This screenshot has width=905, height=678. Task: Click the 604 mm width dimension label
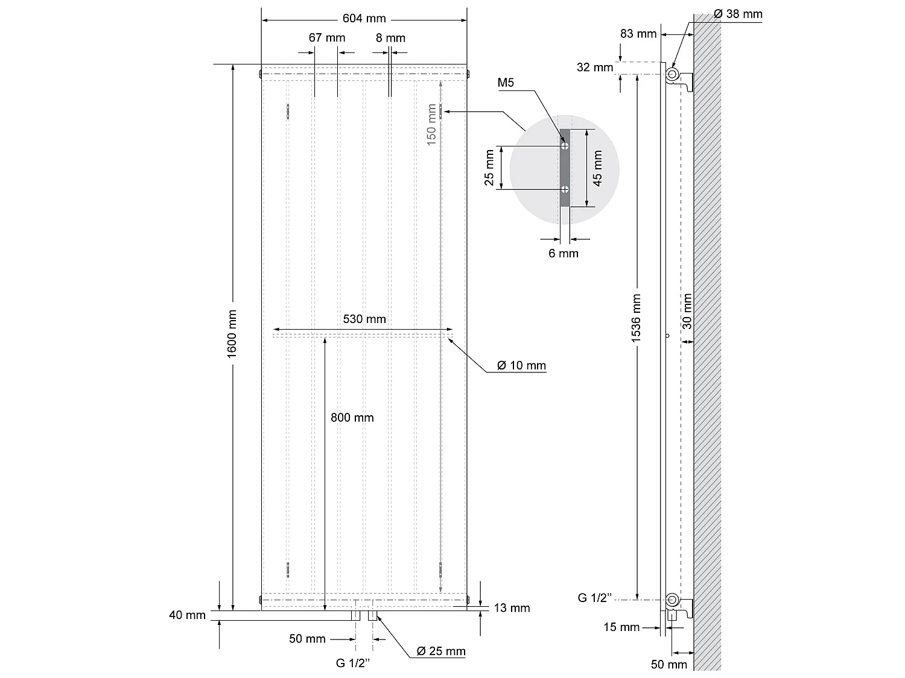click(x=364, y=19)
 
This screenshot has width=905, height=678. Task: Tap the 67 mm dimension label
click(x=327, y=38)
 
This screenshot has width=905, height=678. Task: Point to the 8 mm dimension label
click(x=390, y=38)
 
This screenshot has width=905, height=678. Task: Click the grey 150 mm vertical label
click(x=431, y=125)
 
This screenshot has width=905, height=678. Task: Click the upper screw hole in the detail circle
click(x=565, y=146)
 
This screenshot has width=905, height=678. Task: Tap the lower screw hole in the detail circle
click(x=565, y=189)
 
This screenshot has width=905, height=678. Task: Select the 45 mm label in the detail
click(x=598, y=168)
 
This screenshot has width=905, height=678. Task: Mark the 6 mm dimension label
click(x=563, y=254)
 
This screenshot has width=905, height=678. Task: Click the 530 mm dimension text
click(x=364, y=319)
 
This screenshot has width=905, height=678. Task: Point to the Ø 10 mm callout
click(x=521, y=366)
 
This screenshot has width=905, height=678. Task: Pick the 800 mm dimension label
click(x=352, y=418)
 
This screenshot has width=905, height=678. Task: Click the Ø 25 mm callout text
click(x=441, y=651)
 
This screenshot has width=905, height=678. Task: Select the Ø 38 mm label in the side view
click(x=738, y=14)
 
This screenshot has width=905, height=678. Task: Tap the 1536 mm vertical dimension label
click(x=637, y=318)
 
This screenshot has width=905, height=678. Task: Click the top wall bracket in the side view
click(x=681, y=78)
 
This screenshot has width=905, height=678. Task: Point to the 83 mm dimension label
click(x=638, y=34)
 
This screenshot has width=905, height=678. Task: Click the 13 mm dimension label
click(x=512, y=608)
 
